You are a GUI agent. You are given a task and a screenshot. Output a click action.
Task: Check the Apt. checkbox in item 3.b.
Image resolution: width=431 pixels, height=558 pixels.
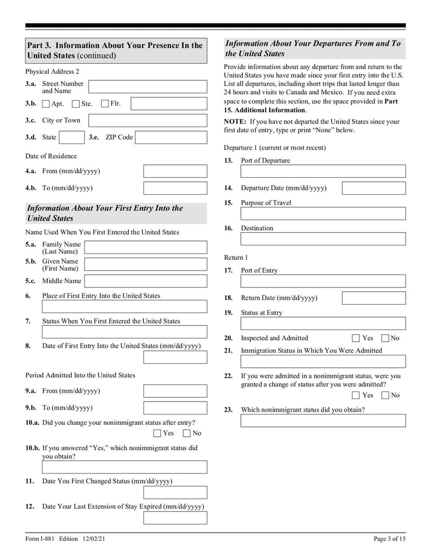pos(46,104)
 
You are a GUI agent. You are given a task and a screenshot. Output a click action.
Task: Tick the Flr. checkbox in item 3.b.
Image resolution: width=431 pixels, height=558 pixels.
pos(105,104)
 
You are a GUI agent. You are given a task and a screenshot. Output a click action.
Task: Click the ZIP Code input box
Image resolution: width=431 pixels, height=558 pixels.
pos(171,137)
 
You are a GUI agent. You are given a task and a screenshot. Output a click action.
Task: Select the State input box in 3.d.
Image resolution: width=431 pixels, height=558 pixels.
pos(71,137)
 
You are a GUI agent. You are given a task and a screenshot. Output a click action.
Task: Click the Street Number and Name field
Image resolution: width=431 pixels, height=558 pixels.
pos(147,87)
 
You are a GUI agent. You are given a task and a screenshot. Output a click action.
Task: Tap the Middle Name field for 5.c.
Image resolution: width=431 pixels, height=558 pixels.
pos(145,281)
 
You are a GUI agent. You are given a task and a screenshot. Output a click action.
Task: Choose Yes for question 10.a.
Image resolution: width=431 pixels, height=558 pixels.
pos(157,433)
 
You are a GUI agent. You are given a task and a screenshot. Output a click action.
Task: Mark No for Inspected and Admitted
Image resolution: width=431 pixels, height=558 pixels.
pos(385,338)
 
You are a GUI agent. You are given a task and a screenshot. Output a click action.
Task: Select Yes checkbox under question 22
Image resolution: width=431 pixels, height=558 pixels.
pos(356,395)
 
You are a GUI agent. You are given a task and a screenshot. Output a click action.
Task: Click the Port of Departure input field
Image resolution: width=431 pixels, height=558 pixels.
pos(323,171)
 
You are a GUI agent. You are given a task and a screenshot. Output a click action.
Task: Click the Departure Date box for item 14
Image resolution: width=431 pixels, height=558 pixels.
pos(373,188)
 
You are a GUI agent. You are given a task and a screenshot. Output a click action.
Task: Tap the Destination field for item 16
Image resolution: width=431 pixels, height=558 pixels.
pos(323,239)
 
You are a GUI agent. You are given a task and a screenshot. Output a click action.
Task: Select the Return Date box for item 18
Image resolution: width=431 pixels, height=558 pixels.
pos(373,298)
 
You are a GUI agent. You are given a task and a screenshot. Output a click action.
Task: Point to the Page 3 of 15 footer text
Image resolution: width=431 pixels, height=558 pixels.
pos(390,539)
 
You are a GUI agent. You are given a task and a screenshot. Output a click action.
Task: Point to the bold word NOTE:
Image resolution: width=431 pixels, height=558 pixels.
pos(235,122)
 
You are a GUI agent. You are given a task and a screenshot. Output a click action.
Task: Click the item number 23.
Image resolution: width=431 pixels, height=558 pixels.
pos(228,410)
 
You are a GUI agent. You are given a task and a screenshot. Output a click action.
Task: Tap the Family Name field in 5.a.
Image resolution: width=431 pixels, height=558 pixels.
pos(145,247)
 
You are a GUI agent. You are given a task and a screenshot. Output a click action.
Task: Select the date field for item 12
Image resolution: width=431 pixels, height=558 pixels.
pos(175,518)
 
